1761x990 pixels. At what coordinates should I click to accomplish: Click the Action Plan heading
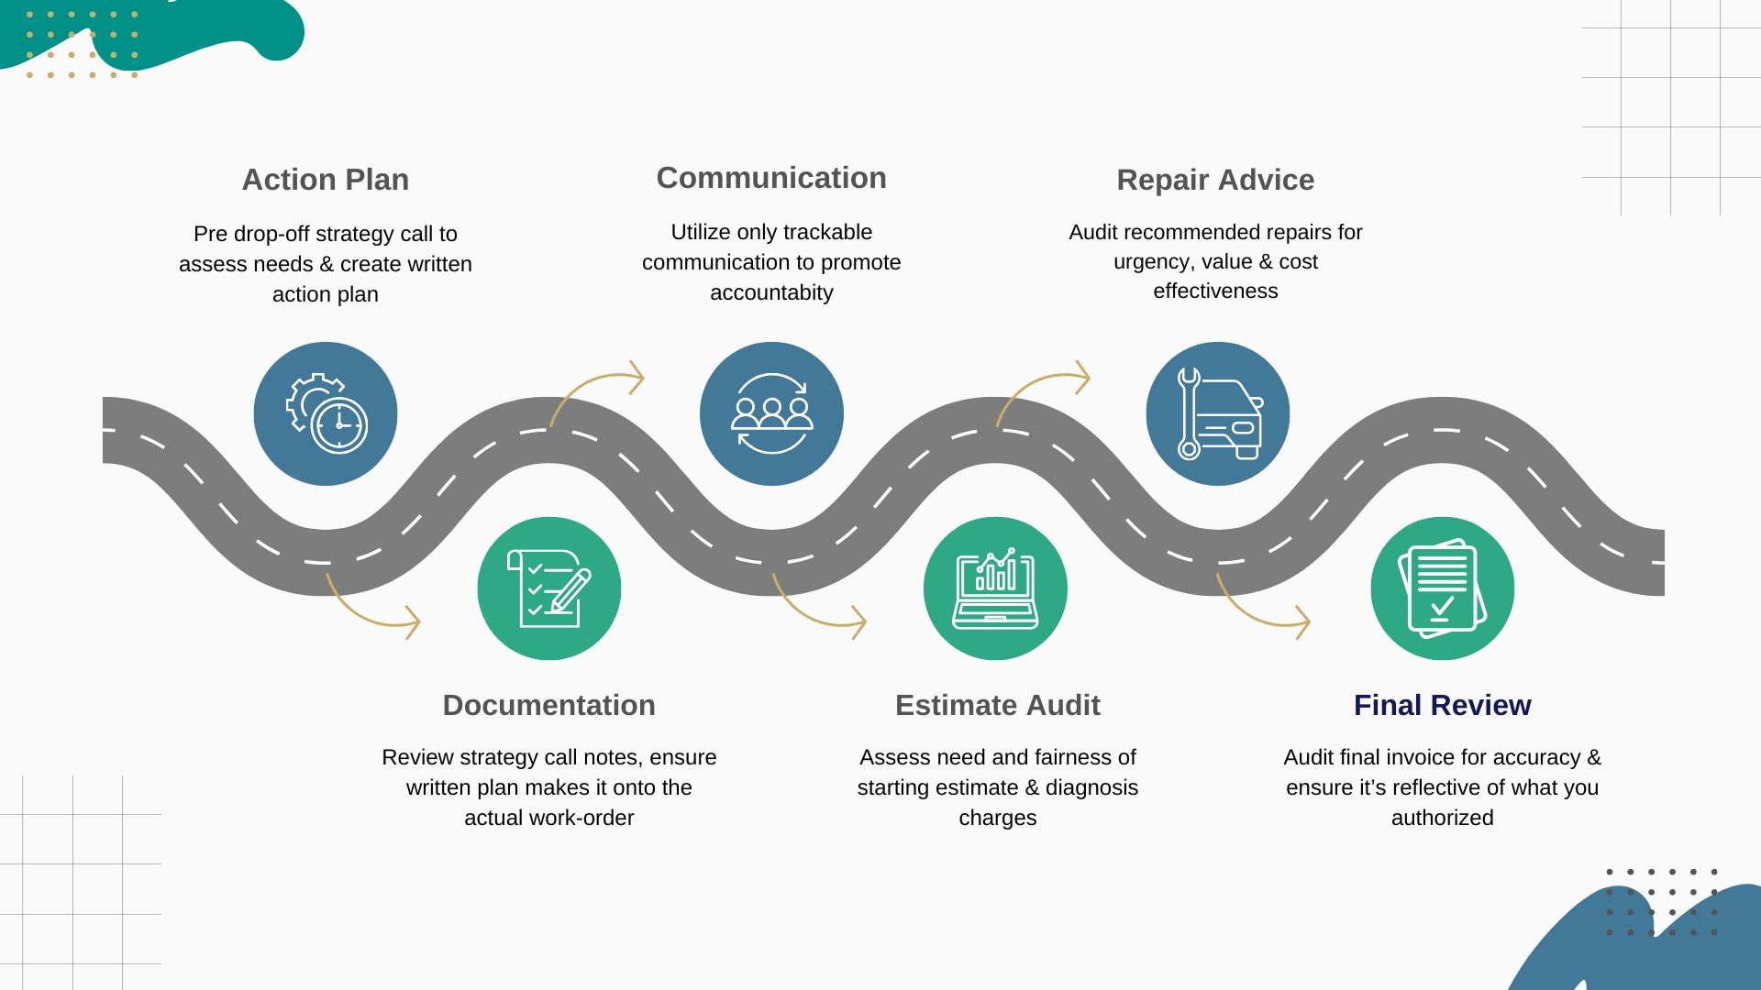pyautogui.click(x=325, y=180)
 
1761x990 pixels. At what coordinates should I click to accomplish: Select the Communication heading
pyautogui.click(x=771, y=178)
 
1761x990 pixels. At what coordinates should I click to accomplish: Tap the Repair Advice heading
pyautogui.click(x=1215, y=180)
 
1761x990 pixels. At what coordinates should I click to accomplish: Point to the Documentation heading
pyautogui.click(x=548, y=705)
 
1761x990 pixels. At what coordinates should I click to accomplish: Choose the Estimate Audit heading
pyautogui.click(x=997, y=705)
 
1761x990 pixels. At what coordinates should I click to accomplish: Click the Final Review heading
pyautogui.click(x=1442, y=705)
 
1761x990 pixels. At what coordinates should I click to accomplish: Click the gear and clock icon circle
pyautogui.click(x=326, y=413)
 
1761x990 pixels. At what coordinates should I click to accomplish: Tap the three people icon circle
pyautogui.click(x=771, y=413)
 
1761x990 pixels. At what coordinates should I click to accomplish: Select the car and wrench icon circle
pyautogui.click(x=1217, y=413)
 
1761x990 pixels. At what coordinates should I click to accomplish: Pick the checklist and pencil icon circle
pyautogui.click(x=548, y=588)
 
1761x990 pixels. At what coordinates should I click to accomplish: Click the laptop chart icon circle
pyautogui.click(x=995, y=588)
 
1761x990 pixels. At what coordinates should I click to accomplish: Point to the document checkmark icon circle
pyautogui.click(x=1442, y=588)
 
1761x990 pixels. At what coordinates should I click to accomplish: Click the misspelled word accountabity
pyautogui.click(x=771, y=292)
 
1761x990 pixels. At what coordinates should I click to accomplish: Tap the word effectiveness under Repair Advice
pyautogui.click(x=1215, y=291)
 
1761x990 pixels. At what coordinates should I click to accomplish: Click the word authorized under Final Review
pyautogui.click(x=1442, y=818)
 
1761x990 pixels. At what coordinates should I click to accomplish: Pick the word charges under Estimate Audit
pyautogui.click(x=997, y=818)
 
